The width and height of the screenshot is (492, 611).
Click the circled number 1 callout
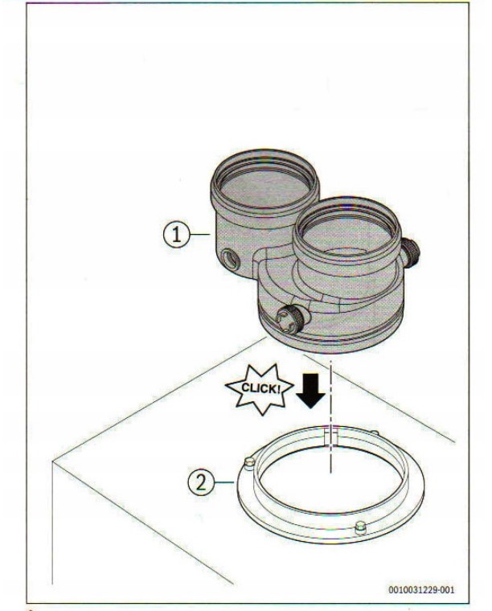[x=177, y=235]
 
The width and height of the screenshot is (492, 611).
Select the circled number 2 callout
[x=201, y=483]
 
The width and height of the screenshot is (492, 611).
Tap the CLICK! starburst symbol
[x=260, y=388]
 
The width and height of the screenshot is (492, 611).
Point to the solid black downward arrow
[x=310, y=391]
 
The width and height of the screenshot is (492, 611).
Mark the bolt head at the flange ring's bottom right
[x=360, y=529]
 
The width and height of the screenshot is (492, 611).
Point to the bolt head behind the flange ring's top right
[x=374, y=433]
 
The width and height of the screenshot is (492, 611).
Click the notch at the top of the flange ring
[x=330, y=437]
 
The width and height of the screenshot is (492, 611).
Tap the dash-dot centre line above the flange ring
[x=330, y=417]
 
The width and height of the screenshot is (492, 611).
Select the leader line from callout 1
[x=201, y=234]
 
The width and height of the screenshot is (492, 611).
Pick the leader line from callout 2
[x=225, y=483]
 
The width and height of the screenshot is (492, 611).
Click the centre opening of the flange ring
[x=331, y=479]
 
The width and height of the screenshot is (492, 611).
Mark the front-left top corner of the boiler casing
[x=52, y=461]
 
